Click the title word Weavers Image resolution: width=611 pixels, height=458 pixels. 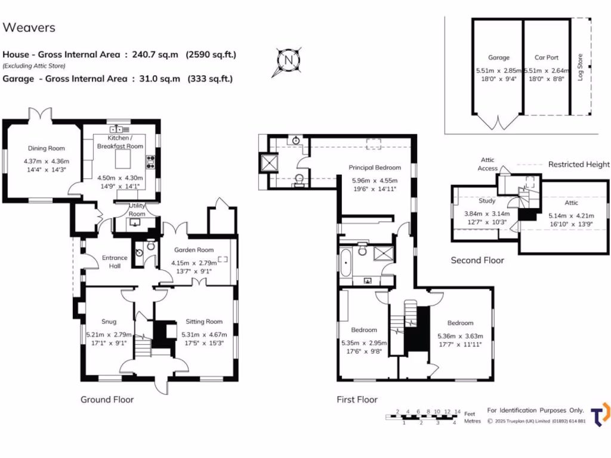click(29, 27)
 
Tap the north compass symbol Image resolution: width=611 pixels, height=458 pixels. click(288, 61)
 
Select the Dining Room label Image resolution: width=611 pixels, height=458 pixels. click(46, 148)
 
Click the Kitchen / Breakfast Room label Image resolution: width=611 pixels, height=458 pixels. click(120, 142)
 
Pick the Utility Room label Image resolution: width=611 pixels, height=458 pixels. click(137, 209)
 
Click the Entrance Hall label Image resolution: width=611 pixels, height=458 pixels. click(115, 262)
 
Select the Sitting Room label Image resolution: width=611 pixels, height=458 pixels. click(203, 321)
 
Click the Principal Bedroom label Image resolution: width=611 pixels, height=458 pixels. click(375, 168)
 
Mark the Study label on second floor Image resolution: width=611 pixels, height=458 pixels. click(487, 201)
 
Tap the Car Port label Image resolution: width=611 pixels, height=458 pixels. click(546, 58)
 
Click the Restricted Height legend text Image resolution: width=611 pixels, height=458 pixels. click(579, 164)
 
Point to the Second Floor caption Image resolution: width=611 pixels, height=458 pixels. click(477, 260)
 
